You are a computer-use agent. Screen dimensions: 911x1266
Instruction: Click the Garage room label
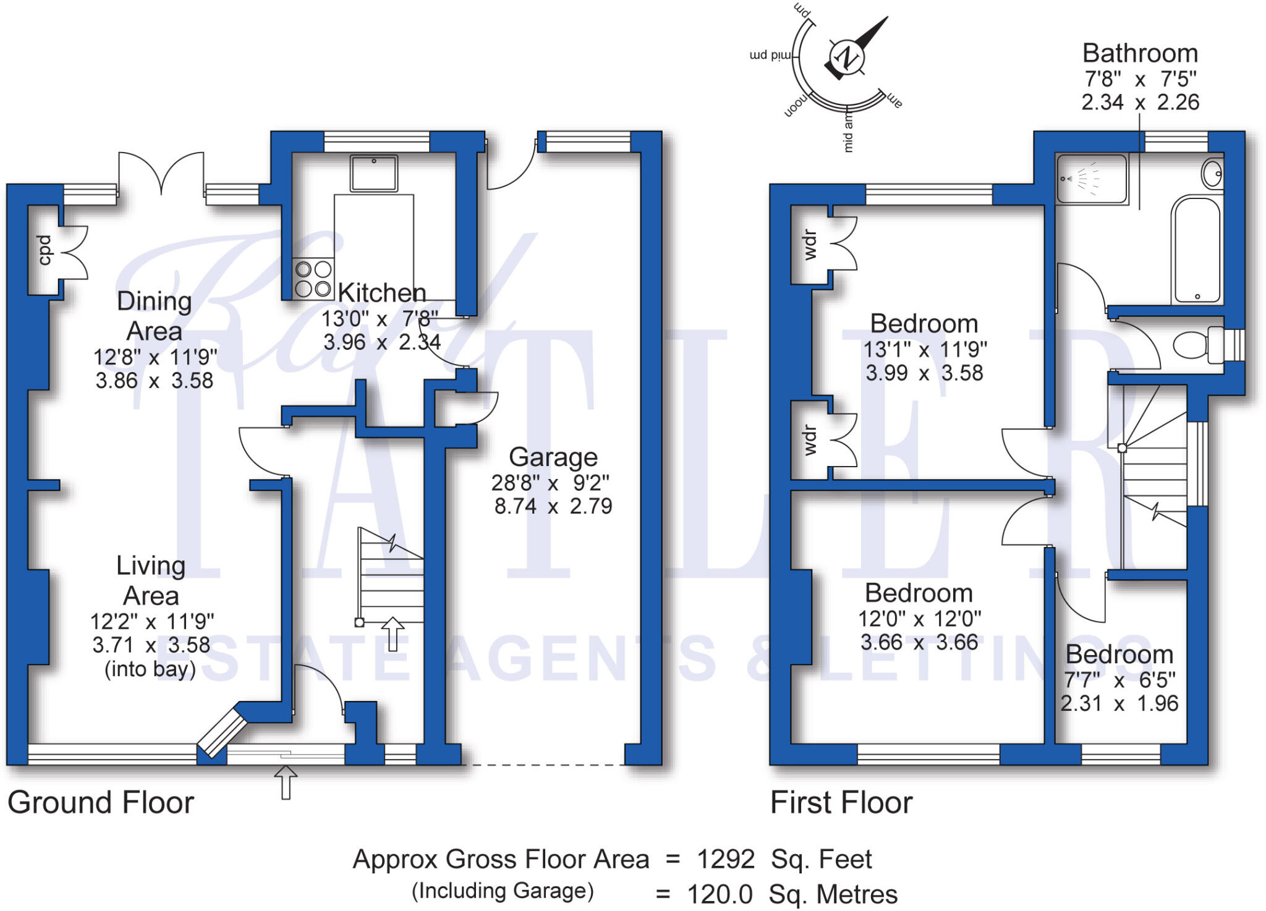click(x=553, y=457)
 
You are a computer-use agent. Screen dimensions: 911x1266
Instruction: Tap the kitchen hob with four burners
click(x=313, y=279)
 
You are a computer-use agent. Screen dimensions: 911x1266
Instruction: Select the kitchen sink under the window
click(x=373, y=174)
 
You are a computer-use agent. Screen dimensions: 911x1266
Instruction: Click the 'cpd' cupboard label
click(x=44, y=250)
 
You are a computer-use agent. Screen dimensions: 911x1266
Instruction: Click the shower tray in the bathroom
click(x=1092, y=179)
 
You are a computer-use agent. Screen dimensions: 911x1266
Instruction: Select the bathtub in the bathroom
click(x=1197, y=250)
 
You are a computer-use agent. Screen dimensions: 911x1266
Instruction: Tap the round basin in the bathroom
click(x=1212, y=174)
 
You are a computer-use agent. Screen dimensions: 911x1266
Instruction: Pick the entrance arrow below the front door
click(x=285, y=782)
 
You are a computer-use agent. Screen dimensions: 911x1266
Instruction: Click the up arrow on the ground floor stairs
click(x=393, y=633)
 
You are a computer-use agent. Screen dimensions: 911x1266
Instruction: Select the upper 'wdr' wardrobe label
click(x=810, y=245)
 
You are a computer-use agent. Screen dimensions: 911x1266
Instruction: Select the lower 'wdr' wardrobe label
click(x=810, y=440)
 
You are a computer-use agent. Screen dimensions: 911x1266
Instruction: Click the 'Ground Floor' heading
click(x=101, y=802)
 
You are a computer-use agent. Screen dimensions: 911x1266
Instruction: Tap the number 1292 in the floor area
click(x=725, y=859)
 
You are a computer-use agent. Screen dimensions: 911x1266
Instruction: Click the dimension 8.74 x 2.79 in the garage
click(x=553, y=506)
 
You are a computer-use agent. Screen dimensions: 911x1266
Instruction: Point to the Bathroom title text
click(x=1140, y=54)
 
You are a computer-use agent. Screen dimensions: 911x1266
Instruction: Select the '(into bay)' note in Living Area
click(x=150, y=669)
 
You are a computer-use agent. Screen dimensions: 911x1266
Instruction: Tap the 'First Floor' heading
click(x=841, y=802)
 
